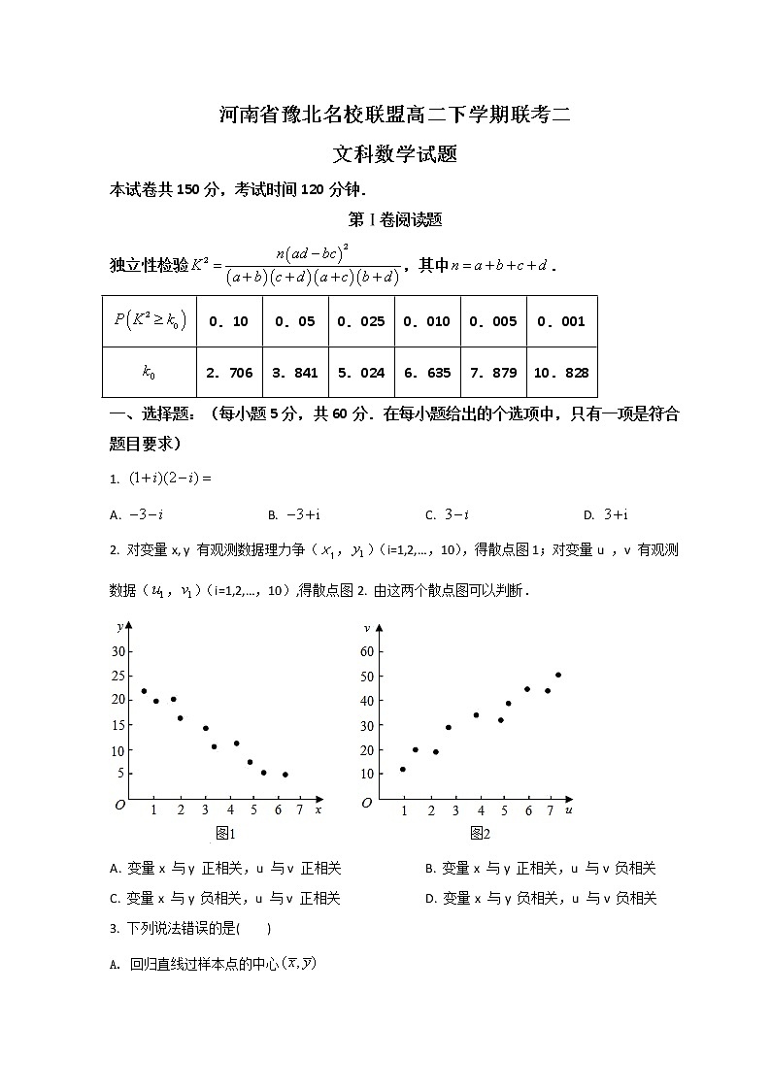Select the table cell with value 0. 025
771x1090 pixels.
(x=361, y=321)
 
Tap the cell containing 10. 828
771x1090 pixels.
(x=561, y=373)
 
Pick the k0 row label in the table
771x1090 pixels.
(x=149, y=373)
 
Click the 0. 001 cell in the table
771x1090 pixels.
(x=561, y=321)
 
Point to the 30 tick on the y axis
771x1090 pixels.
(x=118, y=651)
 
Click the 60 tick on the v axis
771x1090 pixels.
(x=367, y=651)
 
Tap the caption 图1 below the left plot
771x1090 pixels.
(x=225, y=834)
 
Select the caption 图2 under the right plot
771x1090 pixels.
(x=480, y=834)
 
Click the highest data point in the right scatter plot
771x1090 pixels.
(x=558, y=675)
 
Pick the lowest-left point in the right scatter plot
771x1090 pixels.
(x=402, y=769)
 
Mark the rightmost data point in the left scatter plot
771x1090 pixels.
(x=285, y=775)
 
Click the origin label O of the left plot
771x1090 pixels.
(x=119, y=805)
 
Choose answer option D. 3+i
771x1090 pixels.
(x=606, y=515)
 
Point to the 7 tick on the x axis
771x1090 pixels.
(x=299, y=810)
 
